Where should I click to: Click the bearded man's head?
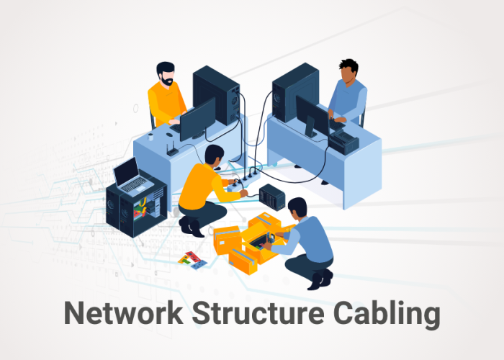[x=166, y=73]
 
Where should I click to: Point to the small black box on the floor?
[x=272, y=196]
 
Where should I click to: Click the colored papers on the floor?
[x=192, y=259]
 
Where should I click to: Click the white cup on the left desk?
[x=150, y=136]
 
